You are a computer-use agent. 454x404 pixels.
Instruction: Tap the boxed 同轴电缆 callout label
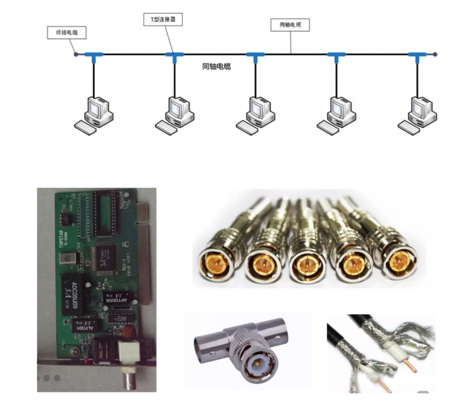[x=290, y=25]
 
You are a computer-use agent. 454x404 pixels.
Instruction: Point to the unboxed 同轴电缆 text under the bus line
[x=216, y=66]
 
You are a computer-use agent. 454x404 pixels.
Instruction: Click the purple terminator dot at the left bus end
[x=76, y=54]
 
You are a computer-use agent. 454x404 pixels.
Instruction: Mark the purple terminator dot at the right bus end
[x=435, y=54]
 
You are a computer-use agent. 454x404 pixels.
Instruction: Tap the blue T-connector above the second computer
[x=175, y=55]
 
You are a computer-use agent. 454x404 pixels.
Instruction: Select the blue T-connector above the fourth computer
[x=336, y=55]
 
